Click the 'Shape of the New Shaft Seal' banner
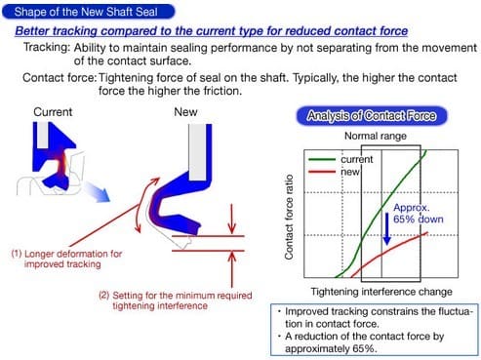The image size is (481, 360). coord(88,12)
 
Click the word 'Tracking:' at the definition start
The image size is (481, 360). coord(47,48)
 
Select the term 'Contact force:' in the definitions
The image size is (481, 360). coord(60,78)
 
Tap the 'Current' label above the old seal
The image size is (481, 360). coord(53,112)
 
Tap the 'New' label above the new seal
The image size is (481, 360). coord(185,112)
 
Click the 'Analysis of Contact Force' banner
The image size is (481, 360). coord(372,116)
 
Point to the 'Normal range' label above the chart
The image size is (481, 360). coord(376,136)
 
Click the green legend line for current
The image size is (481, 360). coord(322,159)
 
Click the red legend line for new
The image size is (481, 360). coord(322,172)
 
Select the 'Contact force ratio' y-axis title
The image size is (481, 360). coord(289,217)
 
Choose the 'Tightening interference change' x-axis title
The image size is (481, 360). coord(381,292)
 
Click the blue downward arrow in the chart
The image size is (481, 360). coord(386,228)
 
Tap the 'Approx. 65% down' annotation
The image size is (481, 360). coord(418,214)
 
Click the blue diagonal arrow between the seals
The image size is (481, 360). coord(98,192)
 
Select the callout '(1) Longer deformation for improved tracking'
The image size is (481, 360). coord(66,259)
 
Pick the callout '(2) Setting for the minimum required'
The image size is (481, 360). coord(176,296)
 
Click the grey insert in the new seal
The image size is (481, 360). coord(197,152)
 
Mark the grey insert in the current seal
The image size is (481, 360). coord(42,136)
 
